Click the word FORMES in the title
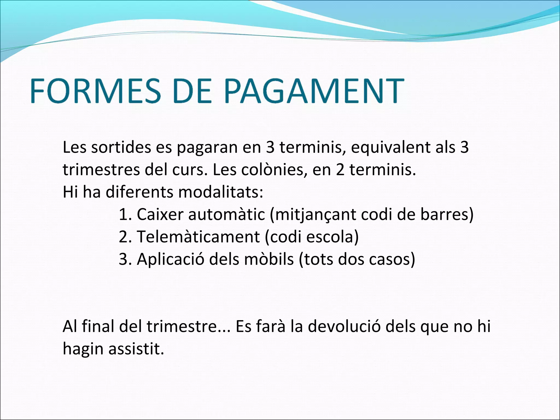coord(95,91)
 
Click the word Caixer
coord(160,215)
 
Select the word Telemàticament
coord(198,237)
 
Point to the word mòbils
coord(269,259)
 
